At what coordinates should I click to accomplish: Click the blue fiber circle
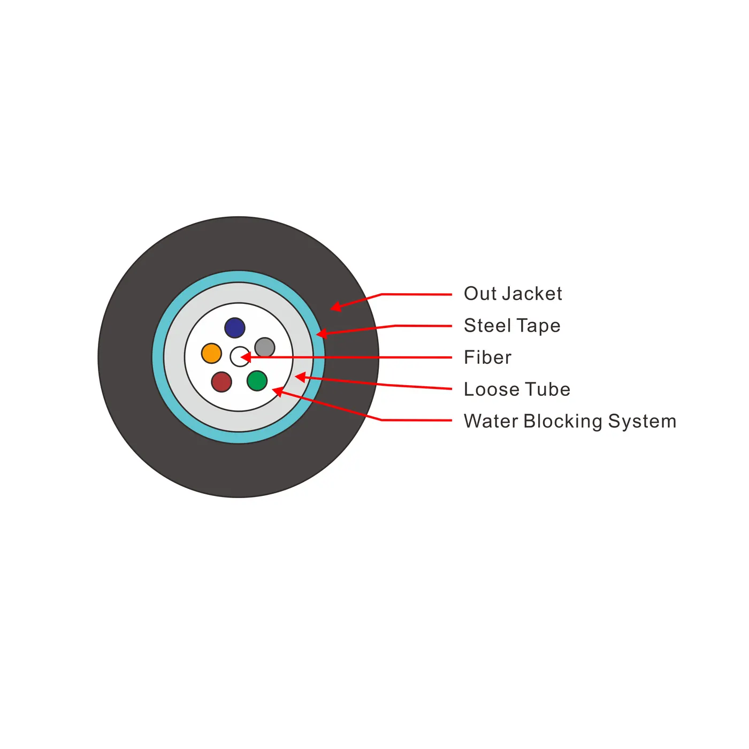(235, 327)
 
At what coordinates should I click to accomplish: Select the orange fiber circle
(211, 353)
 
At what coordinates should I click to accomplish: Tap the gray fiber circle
(265, 348)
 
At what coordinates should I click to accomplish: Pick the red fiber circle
(221, 381)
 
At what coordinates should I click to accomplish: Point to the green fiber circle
(257, 380)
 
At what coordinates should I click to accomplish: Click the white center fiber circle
(240, 357)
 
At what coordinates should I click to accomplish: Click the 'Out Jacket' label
(513, 294)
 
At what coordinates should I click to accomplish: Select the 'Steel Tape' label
(513, 326)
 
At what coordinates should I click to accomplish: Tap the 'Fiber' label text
(487, 357)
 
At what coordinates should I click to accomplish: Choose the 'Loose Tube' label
(517, 389)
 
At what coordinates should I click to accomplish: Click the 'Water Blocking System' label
(570, 422)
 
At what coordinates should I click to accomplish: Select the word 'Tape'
(539, 326)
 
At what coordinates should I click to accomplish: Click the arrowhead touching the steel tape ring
(322, 333)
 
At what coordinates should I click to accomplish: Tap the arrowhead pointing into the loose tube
(301, 377)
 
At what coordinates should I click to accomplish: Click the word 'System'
(643, 422)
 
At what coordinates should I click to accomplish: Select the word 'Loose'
(491, 389)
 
